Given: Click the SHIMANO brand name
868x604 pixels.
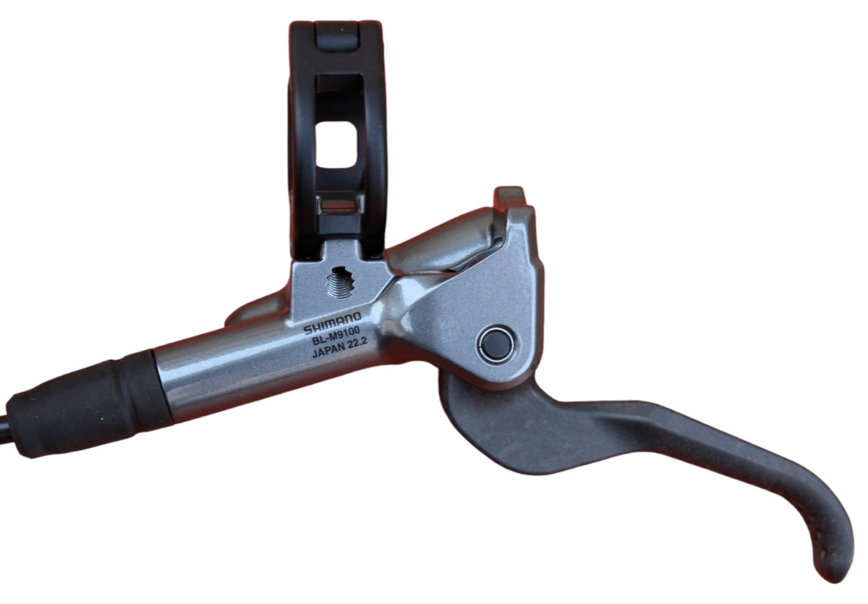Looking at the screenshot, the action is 332,323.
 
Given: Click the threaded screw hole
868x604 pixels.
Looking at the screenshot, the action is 339,283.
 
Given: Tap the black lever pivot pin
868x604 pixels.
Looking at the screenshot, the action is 496,344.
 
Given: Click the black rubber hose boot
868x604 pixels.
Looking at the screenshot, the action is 89,403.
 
